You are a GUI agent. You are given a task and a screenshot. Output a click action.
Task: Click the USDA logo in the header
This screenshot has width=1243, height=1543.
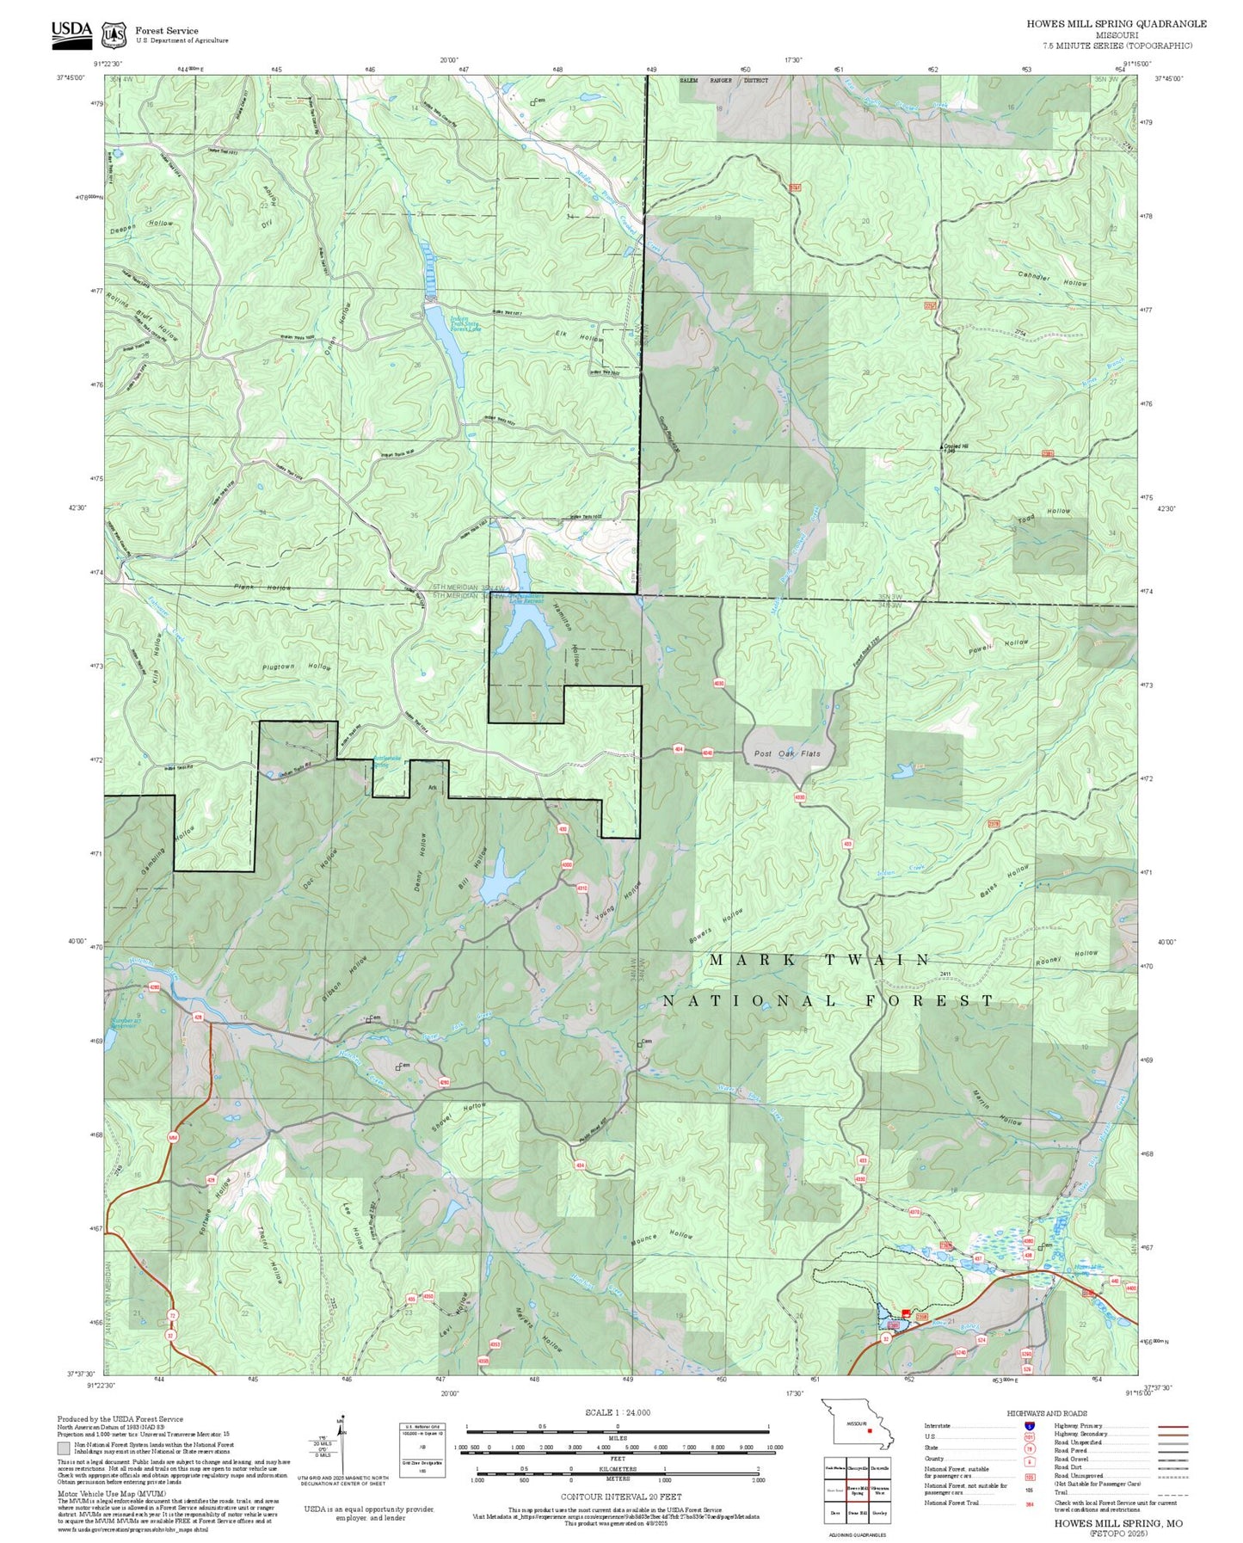pyautogui.click(x=71, y=33)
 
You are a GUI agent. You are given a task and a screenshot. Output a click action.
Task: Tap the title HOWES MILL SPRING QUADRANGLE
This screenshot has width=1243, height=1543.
pyautogui.click(x=1116, y=24)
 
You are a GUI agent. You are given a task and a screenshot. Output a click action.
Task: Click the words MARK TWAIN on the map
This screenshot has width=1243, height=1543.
pyautogui.click(x=819, y=960)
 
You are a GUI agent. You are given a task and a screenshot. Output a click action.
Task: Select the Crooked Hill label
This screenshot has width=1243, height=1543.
pyautogui.click(x=955, y=446)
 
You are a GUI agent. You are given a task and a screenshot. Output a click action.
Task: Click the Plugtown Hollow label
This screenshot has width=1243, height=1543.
pyautogui.click(x=296, y=667)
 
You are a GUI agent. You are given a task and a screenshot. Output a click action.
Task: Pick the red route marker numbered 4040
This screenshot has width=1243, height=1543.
pyautogui.click(x=707, y=753)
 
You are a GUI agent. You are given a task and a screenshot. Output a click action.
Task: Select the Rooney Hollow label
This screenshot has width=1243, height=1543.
pyautogui.click(x=1067, y=957)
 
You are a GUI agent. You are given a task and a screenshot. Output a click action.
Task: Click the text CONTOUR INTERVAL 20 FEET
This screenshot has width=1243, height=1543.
pyautogui.click(x=620, y=1448)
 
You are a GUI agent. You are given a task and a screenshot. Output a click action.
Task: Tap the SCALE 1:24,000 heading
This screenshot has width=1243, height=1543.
pyautogui.click(x=617, y=1412)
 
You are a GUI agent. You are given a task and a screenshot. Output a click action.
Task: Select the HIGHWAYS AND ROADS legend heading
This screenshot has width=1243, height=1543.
pyautogui.click(x=1046, y=1413)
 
